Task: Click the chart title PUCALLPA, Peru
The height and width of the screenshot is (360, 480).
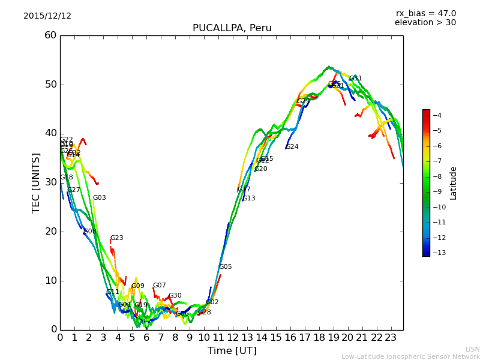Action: [x=232, y=28]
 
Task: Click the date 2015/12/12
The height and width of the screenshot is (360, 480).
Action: [x=47, y=16]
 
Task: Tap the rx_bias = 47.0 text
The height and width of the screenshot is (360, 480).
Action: [x=425, y=14]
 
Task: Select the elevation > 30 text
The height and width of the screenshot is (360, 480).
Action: [x=425, y=23]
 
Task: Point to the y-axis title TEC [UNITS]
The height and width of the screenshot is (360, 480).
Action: [x=36, y=182]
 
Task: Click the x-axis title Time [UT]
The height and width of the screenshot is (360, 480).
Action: [x=232, y=351]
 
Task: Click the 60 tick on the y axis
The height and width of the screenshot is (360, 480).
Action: [x=50, y=35]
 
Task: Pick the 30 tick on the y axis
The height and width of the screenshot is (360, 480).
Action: [x=50, y=182]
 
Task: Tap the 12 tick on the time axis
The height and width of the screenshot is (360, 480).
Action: [x=233, y=338]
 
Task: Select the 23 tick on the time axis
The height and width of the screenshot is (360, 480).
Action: [x=391, y=338]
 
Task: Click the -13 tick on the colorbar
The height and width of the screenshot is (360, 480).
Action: [x=437, y=253]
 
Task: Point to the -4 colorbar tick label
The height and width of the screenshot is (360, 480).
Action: [x=437, y=115]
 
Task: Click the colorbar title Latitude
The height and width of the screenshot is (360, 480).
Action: [x=454, y=183]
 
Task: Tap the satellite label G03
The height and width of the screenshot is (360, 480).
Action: [x=99, y=198]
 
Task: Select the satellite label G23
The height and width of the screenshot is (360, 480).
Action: [x=116, y=238]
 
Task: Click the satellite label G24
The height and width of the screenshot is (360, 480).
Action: [x=292, y=147]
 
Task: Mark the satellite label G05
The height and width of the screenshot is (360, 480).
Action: [x=225, y=267]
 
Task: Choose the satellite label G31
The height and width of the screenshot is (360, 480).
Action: [x=355, y=79]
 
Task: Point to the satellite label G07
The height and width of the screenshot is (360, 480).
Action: [x=159, y=286]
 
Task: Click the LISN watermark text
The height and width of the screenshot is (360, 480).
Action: [x=472, y=349]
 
